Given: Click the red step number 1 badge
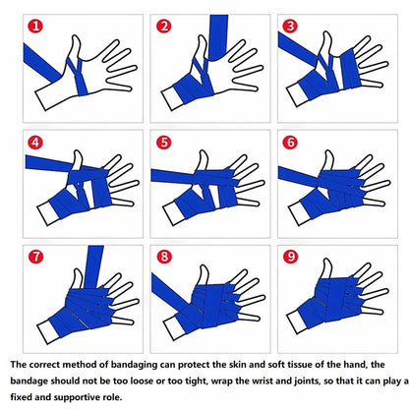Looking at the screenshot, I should [35, 27].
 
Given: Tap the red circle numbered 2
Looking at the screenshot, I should [163, 27].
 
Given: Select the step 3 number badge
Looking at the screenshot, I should [290, 27].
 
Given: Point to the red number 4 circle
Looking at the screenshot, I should [35, 142].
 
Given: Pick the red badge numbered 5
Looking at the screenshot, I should [163, 142].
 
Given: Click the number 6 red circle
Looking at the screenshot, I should [290, 142].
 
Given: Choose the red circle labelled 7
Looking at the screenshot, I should [35, 258].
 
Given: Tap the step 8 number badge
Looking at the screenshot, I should [163, 258].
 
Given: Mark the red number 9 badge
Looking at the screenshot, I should [290, 258].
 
